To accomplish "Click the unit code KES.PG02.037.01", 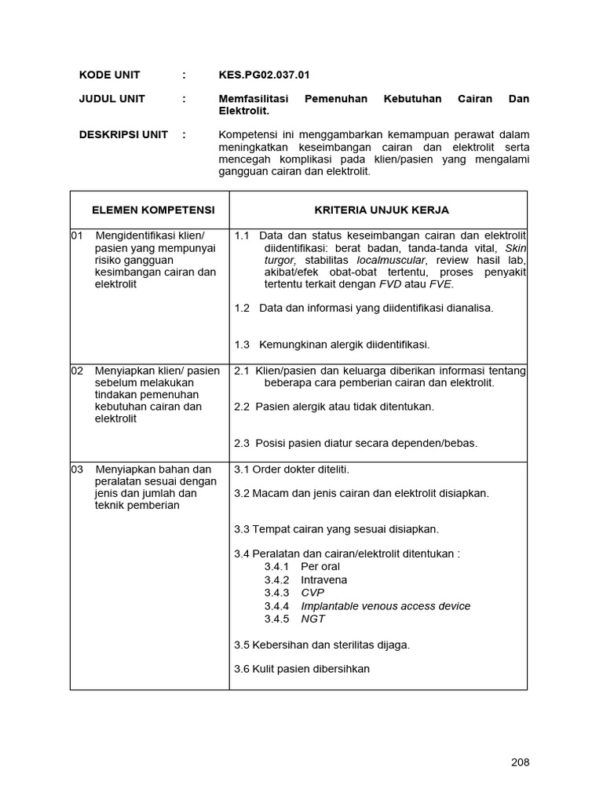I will (264, 75).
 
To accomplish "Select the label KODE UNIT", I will (109, 75).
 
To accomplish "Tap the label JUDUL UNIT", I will (111, 99).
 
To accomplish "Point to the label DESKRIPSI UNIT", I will (123, 134).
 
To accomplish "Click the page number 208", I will (520, 762).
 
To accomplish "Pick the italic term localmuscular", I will (391, 260).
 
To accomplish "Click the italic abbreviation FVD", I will (391, 283).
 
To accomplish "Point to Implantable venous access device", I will (386, 605).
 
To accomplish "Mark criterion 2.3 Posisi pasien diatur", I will (356, 443).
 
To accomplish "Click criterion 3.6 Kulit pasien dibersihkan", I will (302, 669).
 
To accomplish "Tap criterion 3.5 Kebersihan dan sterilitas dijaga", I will (322, 645).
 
